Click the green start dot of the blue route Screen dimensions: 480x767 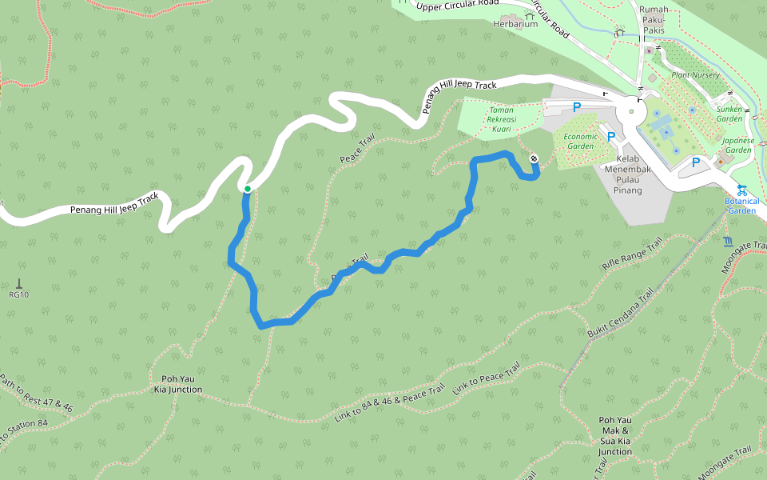tap(248, 189)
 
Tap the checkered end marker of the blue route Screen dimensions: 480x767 tap(533, 158)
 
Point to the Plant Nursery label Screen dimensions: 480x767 tap(695, 75)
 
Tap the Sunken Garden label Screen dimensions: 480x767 tap(729, 113)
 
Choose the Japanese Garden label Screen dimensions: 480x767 tap(737, 145)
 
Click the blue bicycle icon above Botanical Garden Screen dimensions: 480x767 tap(741, 190)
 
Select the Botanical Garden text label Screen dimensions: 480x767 tap(741, 206)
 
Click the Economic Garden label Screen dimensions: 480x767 tap(580, 141)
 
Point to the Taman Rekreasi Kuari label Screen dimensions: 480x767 tap(501, 118)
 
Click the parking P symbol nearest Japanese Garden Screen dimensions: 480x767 tap(695, 162)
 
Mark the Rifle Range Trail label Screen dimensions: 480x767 tap(632, 254)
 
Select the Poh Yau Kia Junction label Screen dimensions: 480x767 tap(178, 384)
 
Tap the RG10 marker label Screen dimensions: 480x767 tap(18, 294)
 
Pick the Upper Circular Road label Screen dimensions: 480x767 tap(458, 6)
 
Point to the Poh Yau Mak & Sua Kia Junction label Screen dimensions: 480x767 tap(615, 436)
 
